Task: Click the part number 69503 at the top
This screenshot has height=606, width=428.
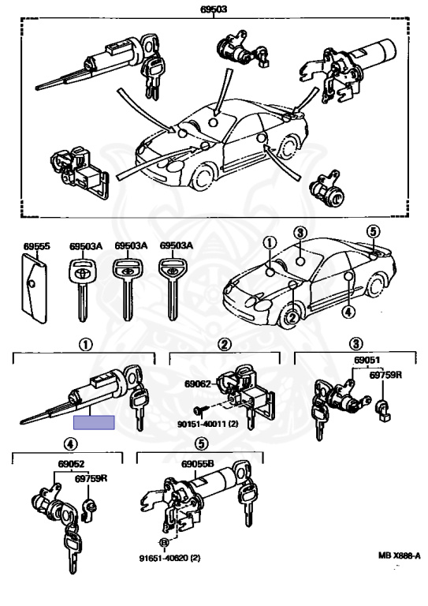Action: tap(214, 9)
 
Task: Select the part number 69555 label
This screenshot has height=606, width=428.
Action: tap(36, 246)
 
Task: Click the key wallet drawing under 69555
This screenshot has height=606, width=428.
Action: tap(34, 287)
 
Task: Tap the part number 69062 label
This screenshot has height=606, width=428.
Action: tap(198, 383)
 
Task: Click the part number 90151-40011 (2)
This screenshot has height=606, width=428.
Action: tap(208, 424)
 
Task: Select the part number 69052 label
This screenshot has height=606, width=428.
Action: tap(71, 464)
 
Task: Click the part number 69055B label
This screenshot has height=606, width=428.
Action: tap(197, 464)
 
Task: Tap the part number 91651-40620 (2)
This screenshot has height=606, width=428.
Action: tap(169, 558)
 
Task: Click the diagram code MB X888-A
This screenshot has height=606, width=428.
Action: tap(399, 555)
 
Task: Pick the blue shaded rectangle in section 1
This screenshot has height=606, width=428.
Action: tap(94, 422)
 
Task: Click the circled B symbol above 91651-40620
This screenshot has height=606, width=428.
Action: tap(165, 543)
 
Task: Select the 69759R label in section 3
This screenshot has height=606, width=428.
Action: tap(385, 375)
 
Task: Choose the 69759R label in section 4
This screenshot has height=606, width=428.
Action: tap(91, 478)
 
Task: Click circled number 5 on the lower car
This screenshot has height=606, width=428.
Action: tap(373, 232)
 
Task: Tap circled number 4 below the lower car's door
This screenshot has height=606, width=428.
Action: tap(348, 312)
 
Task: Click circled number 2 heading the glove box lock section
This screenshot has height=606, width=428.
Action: tap(225, 344)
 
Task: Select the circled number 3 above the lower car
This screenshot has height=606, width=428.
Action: tap(300, 233)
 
